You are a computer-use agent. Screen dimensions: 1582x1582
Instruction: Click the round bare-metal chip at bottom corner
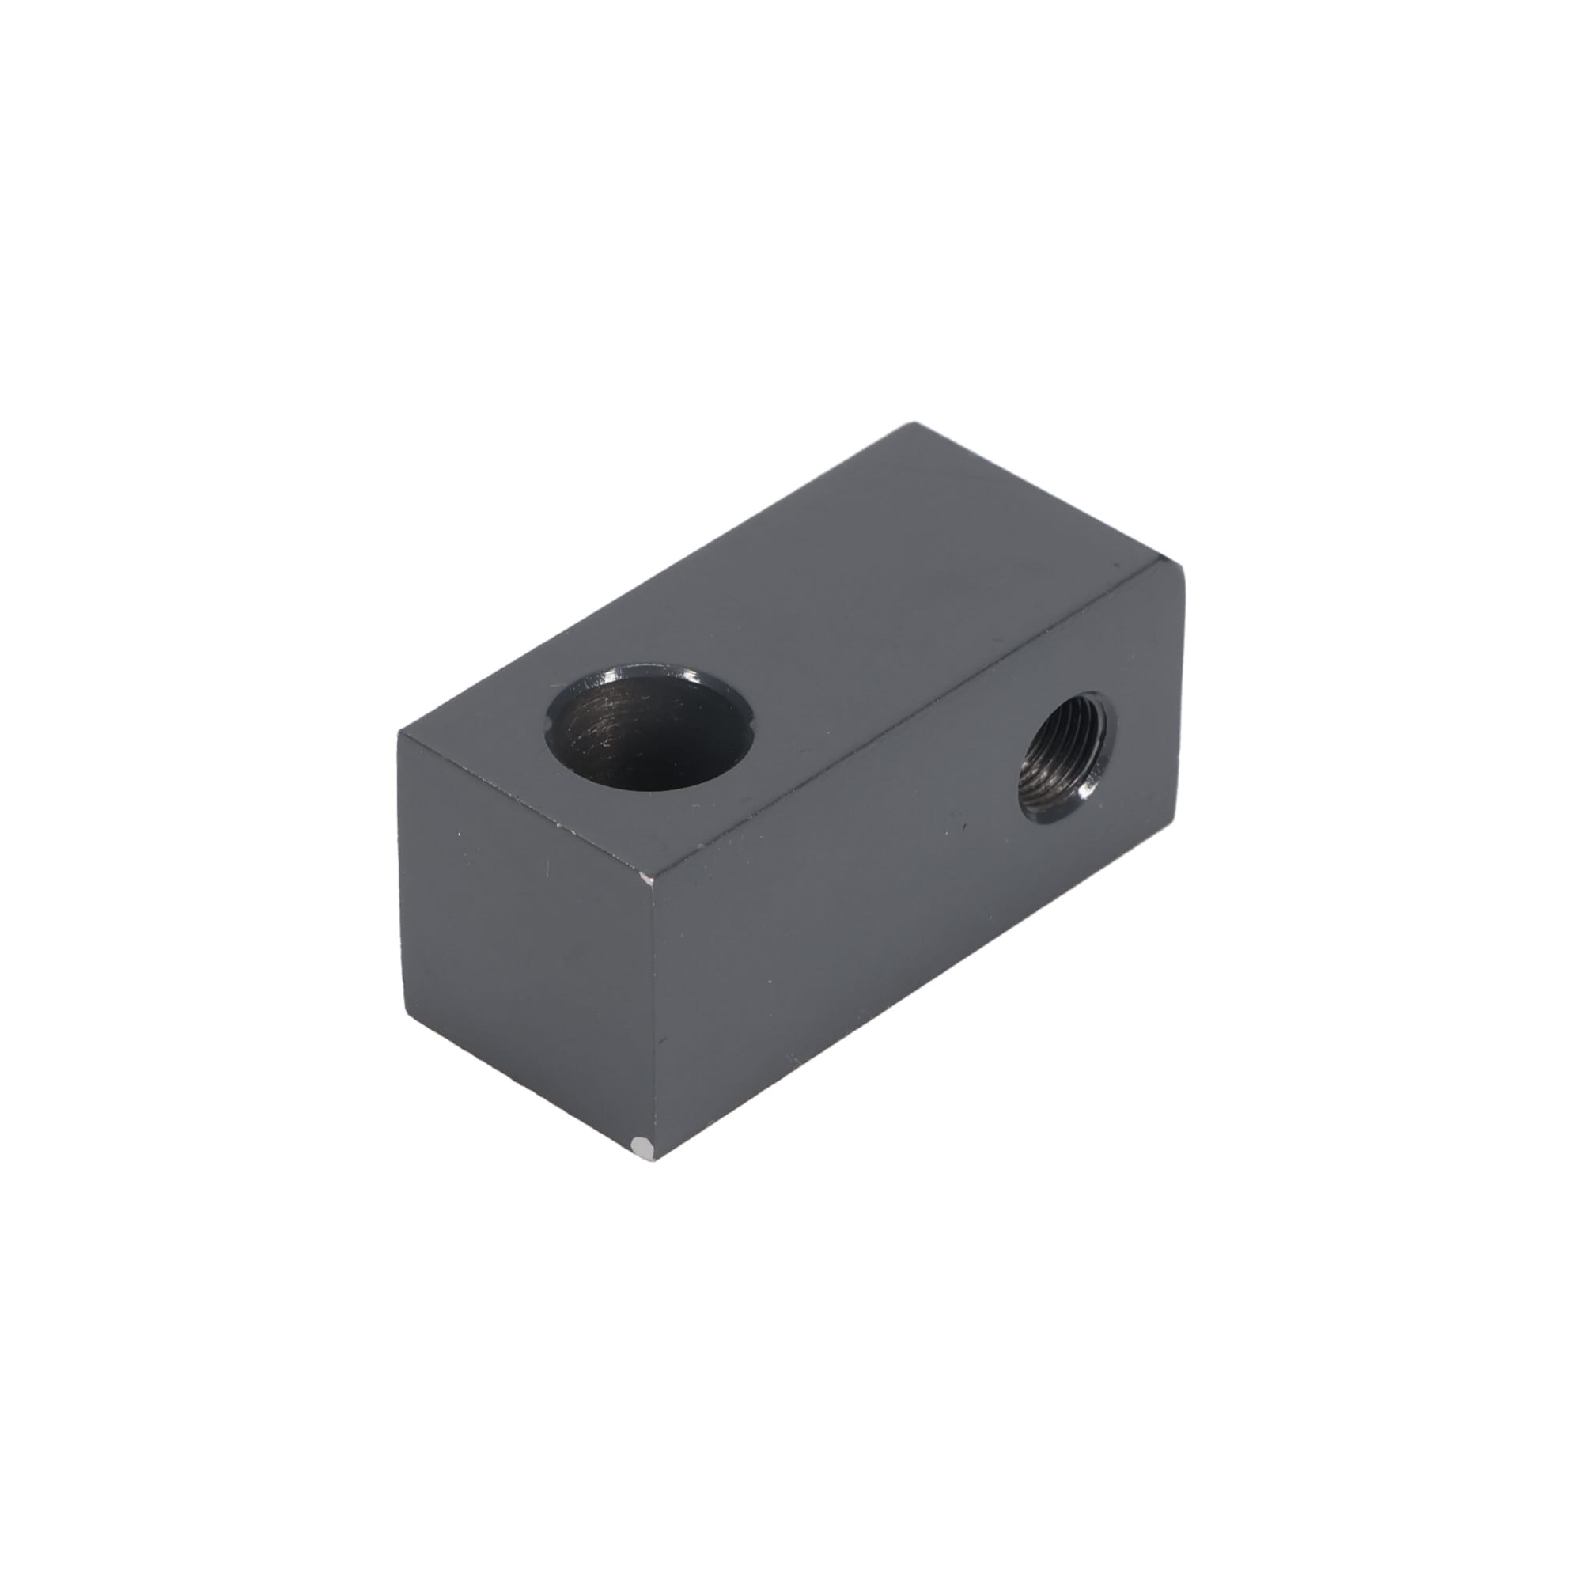coord(645,1149)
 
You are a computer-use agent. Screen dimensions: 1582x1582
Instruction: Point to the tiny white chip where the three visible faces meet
coord(646,880)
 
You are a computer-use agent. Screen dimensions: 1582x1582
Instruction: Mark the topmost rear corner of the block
coord(914,424)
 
